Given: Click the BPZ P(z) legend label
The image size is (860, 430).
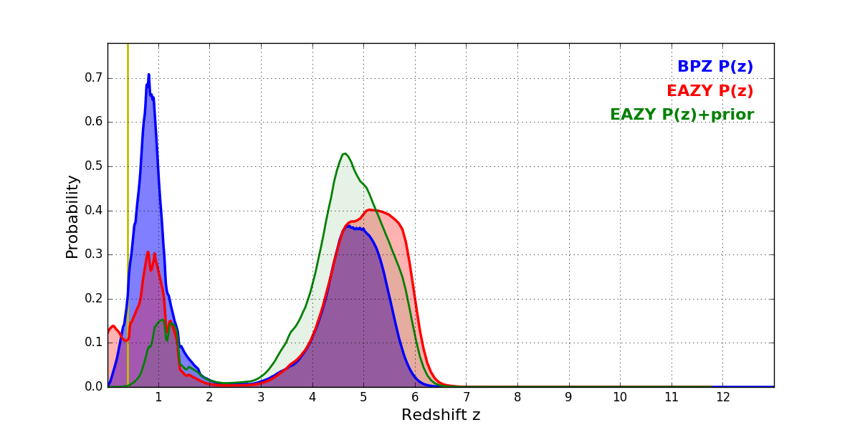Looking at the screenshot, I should pos(715,67).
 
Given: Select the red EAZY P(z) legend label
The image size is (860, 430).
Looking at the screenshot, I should pos(709,91).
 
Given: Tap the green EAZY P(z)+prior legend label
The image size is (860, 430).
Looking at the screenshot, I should pos(682,115).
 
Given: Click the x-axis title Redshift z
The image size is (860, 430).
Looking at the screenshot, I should pos(441,415).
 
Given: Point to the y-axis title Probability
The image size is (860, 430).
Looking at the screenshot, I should pos(72,216).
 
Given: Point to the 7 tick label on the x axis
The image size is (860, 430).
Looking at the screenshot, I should pos(466,397).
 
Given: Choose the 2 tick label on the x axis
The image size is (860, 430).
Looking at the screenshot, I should pos(209,397).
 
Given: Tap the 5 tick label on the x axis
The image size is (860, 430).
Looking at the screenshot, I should pos(363,397).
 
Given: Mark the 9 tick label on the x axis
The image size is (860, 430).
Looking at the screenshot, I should pos(568,397).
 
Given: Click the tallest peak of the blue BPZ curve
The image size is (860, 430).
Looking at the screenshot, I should pos(148,75).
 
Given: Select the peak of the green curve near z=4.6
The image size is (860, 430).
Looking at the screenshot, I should pos(345,153).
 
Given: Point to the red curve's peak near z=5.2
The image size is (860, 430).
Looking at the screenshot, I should pos(371,210).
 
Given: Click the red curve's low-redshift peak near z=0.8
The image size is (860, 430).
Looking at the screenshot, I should pos(148,252).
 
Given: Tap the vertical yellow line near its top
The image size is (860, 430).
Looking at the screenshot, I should pos(128,50).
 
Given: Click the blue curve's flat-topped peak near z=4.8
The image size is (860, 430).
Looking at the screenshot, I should pos(350,227).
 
